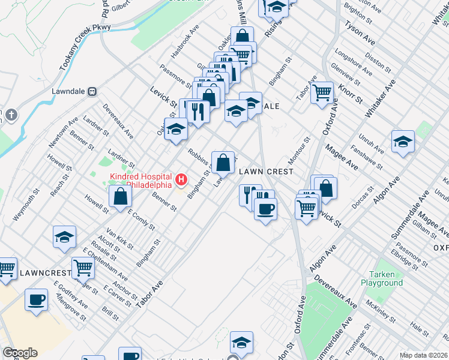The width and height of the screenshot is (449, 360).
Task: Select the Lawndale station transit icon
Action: tap(92, 92)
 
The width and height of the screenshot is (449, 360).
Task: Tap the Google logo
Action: tap(20, 353)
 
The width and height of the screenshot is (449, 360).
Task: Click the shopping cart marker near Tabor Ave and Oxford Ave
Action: tap(322, 92)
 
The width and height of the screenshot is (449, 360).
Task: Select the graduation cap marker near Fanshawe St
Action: tap(403, 142)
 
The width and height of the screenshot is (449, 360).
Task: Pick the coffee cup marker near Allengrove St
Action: tap(37, 299)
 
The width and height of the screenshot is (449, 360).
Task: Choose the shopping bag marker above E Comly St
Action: tap(121, 196)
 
